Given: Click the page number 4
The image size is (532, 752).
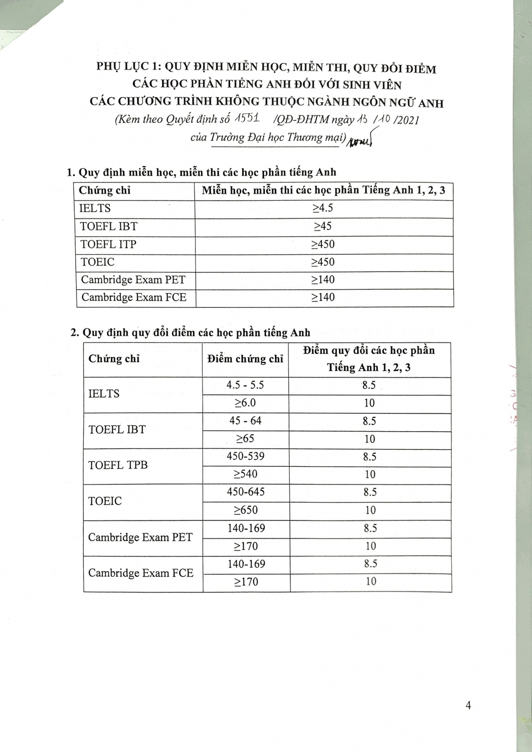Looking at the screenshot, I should click(468, 705).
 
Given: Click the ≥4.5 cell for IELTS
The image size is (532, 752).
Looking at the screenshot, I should click(323, 208).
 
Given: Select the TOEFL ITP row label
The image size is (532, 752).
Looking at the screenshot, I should click(108, 244).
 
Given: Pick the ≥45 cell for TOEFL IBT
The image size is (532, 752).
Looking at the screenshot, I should click(323, 226).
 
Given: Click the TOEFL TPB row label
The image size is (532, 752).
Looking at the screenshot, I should click(118, 465).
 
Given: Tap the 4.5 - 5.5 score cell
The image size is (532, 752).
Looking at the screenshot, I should click(245, 385).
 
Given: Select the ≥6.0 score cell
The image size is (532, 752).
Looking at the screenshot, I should click(245, 403).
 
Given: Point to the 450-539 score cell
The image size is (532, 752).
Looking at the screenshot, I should click(245, 456).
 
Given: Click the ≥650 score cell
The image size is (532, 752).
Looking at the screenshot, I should click(246, 510).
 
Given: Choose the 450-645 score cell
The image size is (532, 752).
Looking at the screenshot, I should click(245, 492).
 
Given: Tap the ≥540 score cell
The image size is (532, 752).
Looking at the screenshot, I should click(245, 474).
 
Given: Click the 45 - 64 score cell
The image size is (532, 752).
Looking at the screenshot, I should click(245, 421).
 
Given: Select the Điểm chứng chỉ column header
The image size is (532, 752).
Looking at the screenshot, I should click(245, 359).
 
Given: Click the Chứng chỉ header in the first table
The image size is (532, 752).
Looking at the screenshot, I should click(105, 191).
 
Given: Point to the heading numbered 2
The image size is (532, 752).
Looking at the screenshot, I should click(191, 332).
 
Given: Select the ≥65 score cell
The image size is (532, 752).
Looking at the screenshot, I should click(245, 439).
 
